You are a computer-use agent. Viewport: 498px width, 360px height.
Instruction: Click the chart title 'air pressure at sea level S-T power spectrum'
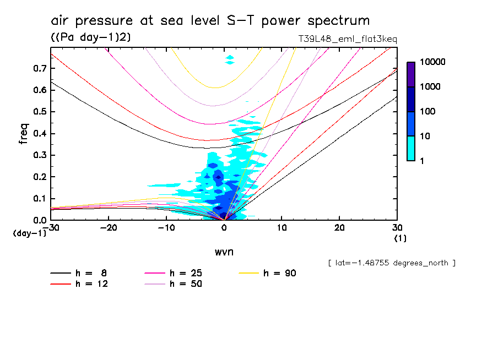pyautogui.click(x=210, y=21)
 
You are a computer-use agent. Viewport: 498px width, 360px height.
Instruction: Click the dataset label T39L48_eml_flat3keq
pyautogui.click(x=347, y=39)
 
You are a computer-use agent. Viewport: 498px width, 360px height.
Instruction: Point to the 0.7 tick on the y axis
pyautogui.click(x=40, y=68)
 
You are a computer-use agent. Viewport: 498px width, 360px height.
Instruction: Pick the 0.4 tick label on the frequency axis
pyautogui.click(x=40, y=134)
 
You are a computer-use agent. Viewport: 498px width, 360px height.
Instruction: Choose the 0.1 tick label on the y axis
pyautogui.click(x=40, y=199)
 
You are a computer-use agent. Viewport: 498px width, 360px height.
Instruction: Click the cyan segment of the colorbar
pyautogui.click(x=411, y=148)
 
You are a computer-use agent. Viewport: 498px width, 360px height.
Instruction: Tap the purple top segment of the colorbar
pyautogui.click(x=411, y=74)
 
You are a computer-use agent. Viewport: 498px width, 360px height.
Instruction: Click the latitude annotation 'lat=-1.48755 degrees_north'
pyautogui.click(x=392, y=263)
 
